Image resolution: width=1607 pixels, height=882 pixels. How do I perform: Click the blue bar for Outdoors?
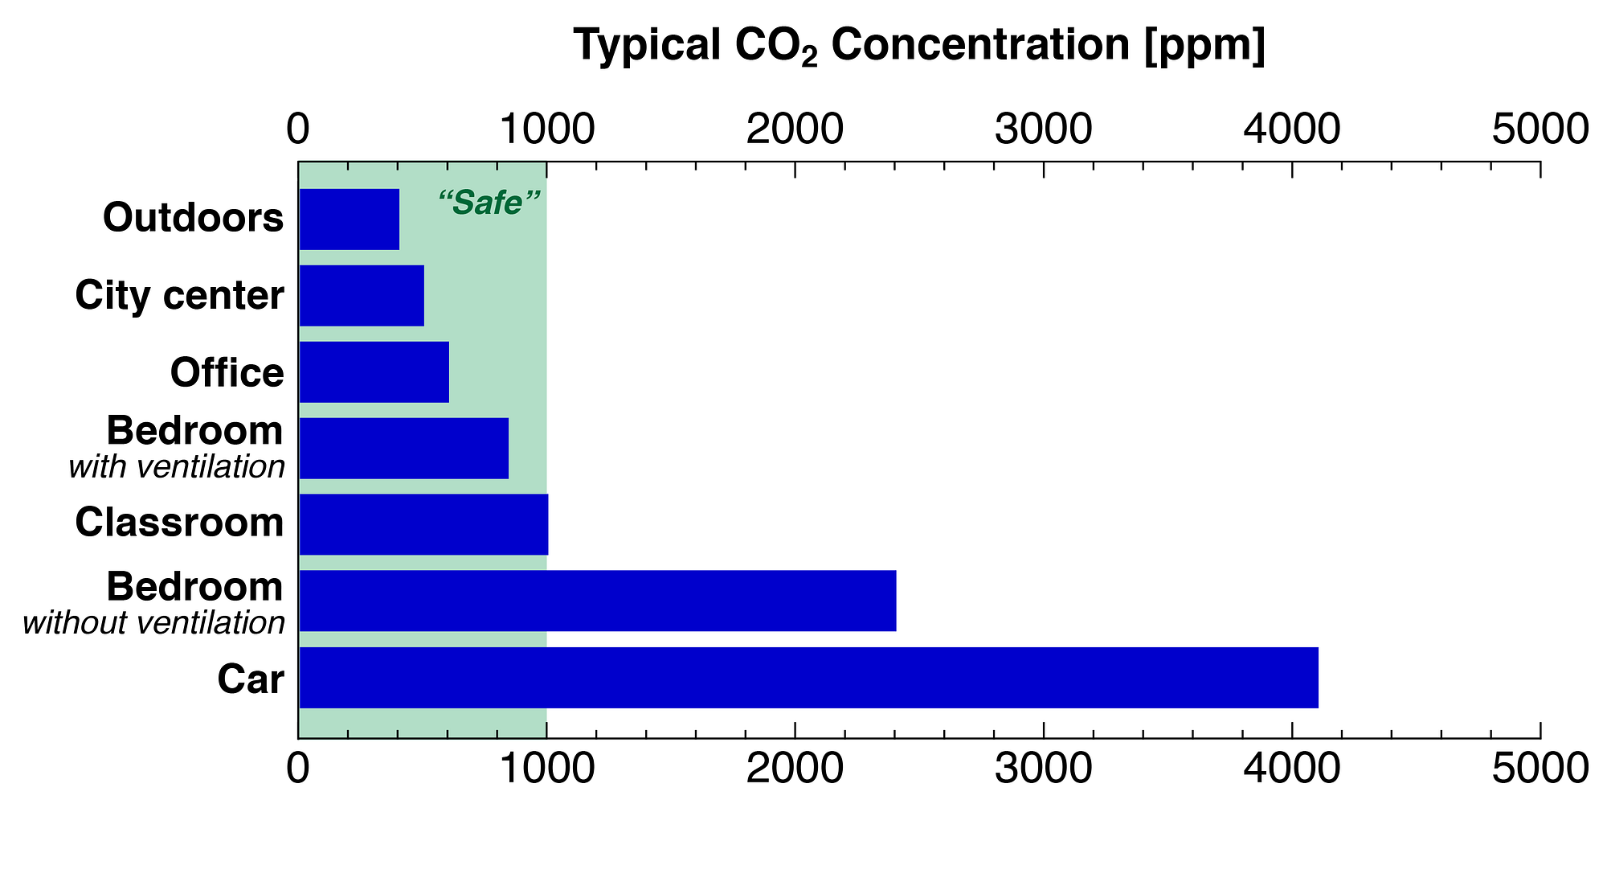pos(350,219)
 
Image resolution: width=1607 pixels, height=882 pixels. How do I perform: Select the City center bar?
pos(362,296)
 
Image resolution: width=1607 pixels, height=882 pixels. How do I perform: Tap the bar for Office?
pos(374,372)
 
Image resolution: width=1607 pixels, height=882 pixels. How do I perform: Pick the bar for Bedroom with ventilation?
pos(404,449)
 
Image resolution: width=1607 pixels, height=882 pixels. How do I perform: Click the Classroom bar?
pos(423,525)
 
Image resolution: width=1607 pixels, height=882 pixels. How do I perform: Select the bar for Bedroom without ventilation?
pos(598,601)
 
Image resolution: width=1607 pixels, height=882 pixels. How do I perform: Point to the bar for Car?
pos(809,678)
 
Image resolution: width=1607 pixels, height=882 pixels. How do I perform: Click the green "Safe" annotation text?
pos(489,203)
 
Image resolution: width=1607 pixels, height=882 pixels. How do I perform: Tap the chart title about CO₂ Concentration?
pos(919,45)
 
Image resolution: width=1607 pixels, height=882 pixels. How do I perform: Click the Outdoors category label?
pos(194,218)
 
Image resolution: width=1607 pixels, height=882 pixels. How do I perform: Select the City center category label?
pos(180,296)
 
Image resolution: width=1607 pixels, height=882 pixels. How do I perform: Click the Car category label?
pos(251,679)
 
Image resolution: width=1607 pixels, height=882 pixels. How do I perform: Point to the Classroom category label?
pos(180,523)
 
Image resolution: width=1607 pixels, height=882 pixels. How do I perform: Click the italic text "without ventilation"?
pos(154,623)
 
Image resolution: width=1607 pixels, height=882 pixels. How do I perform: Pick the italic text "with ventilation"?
pos(177,467)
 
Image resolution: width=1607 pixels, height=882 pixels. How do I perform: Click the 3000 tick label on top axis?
pos(1044,129)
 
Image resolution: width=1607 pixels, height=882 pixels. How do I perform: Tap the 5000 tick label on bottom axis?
pos(1540,769)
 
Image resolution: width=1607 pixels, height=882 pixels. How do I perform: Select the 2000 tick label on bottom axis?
pos(795,769)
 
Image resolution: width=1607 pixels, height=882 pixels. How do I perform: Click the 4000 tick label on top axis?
pos(1292,129)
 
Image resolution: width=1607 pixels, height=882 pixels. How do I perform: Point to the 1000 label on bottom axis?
pos(546,769)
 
